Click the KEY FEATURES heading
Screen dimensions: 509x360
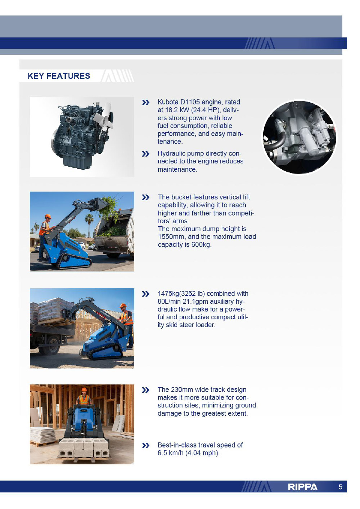[59, 76]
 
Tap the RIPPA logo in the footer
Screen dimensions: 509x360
[302, 487]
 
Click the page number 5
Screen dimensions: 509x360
[340, 487]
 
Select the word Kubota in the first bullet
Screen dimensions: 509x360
[168, 102]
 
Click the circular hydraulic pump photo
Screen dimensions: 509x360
[299, 137]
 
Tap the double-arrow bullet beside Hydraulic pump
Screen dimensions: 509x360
[145, 154]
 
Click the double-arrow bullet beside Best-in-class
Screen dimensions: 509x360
[145, 446]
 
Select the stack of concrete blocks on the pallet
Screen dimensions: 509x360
[84, 449]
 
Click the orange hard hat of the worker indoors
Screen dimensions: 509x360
[84, 389]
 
